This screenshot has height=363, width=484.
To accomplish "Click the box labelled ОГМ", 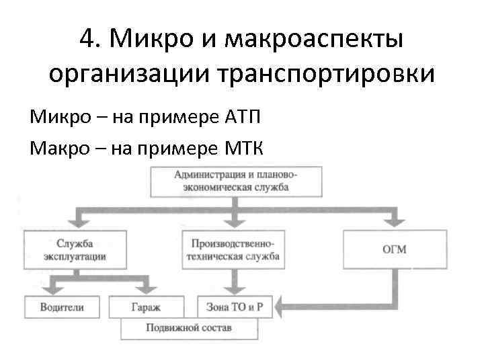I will coord(394,249).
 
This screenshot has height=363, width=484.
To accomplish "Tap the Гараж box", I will coord(146,307).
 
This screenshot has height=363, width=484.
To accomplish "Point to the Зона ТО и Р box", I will coord(231,307).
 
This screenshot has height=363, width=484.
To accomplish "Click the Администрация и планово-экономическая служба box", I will coord(235,181).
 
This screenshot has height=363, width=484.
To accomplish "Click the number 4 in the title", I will coord(86,40).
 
